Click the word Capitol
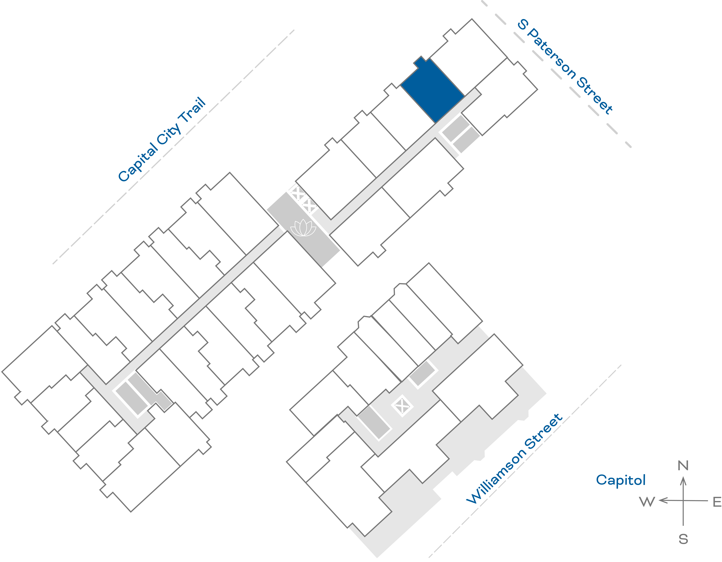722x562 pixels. tap(621, 480)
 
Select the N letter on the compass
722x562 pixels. tap(683, 466)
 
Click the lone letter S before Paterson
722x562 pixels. tap(523, 24)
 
